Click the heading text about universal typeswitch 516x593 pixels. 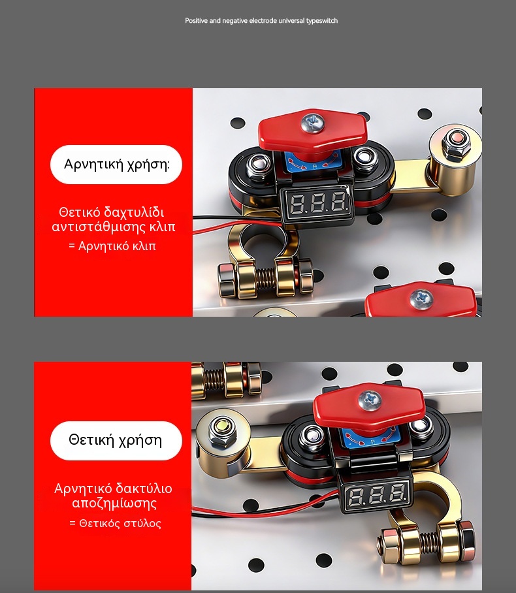click(261, 21)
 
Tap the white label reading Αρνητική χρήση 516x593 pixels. click(116, 165)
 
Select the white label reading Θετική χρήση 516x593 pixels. click(116, 441)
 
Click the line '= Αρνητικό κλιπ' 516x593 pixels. click(112, 246)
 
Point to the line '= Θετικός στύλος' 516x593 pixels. click(116, 523)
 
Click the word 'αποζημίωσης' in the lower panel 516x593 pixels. click(114, 504)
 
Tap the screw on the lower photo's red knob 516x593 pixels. click(370, 400)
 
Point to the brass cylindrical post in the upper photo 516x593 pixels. click(454, 161)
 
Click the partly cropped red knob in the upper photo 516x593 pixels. click(421, 299)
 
